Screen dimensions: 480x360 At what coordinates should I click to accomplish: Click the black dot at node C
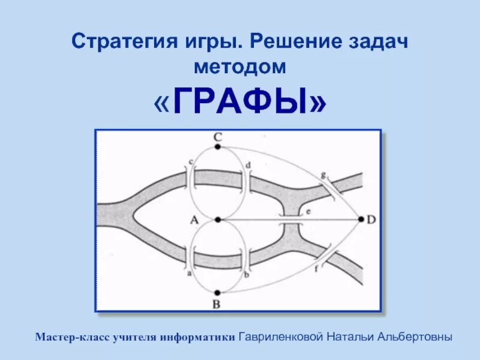point(218,146)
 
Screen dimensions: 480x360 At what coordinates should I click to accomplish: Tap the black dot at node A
point(217,220)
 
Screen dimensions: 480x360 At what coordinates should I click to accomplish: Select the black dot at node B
point(217,292)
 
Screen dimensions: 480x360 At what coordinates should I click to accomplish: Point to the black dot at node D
point(361,220)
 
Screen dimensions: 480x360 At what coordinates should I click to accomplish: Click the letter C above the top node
point(217,137)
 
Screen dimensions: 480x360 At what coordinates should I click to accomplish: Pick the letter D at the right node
point(371,220)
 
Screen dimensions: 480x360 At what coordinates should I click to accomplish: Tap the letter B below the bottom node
point(217,304)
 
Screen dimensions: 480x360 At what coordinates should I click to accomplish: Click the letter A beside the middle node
point(194,220)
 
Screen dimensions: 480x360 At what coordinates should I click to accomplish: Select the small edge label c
point(191,161)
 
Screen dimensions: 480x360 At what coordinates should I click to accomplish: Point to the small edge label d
point(248,164)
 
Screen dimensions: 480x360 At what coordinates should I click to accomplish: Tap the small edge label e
point(308,212)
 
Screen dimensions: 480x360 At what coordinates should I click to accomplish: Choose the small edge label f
point(316,268)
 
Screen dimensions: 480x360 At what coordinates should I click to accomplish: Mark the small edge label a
point(190,273)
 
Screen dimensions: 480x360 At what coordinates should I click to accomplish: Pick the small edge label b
point(247,274)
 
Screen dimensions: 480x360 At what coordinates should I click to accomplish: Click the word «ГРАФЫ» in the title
point(240,104)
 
